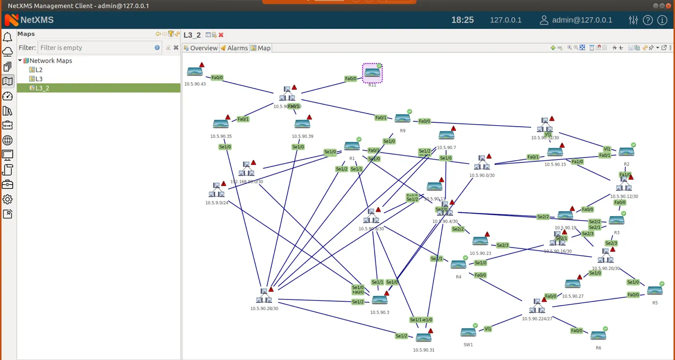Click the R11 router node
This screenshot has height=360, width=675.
372,73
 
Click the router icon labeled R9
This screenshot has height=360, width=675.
403,118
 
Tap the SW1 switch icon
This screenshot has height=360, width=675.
468,333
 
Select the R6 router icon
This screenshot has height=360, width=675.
598,336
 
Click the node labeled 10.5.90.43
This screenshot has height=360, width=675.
195,72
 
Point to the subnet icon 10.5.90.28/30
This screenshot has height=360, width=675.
264,295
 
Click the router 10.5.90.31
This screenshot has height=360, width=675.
424,337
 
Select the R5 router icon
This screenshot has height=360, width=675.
655,291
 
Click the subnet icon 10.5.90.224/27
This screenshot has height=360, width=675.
537,306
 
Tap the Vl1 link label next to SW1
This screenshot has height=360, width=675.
488,329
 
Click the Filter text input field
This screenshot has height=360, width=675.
95,47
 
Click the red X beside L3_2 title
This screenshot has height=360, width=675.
221,35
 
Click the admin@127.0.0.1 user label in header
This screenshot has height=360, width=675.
582,20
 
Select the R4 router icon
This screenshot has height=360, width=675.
458,265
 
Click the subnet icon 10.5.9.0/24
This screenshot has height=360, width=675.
216,190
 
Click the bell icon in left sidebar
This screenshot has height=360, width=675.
7,37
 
